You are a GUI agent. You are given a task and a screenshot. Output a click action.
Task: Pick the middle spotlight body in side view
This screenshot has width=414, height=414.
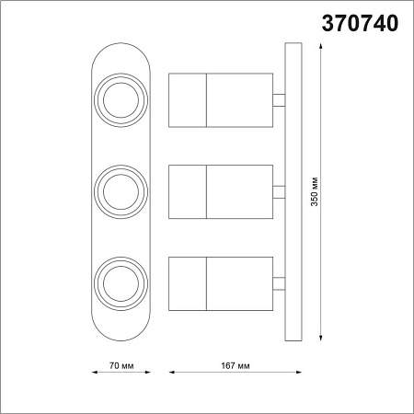coord(221,191)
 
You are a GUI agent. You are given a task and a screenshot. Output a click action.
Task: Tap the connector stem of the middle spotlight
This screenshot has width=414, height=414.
coord(279,191)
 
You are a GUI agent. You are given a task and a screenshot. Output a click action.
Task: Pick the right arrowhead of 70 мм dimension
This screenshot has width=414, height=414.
coord(146,373)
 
